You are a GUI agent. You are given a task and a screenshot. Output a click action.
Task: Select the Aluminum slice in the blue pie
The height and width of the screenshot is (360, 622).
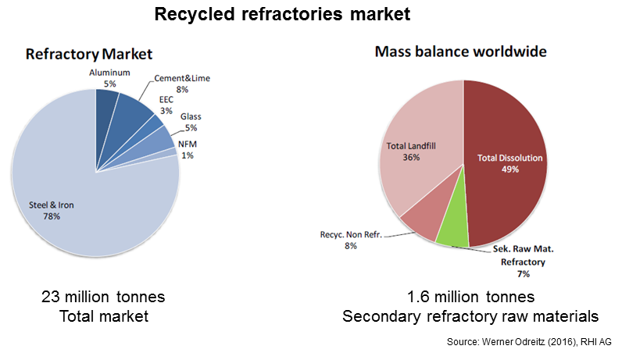(x=106, y=107)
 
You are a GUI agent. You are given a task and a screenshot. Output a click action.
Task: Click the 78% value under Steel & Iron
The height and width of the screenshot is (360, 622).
(x=52, y=216)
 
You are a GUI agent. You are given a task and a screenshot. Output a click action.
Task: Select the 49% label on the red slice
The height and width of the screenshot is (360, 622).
(x=510, y=169)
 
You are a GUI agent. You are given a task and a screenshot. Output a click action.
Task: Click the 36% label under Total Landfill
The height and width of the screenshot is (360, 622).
(x=411, y=158)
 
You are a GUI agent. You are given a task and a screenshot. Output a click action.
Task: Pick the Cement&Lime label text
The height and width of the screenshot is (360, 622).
(x=182, y=78)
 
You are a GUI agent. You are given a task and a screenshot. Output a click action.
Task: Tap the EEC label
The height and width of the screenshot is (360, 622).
(x=166, y=99)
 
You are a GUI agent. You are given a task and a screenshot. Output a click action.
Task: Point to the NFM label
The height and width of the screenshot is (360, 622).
(x=188, y=144)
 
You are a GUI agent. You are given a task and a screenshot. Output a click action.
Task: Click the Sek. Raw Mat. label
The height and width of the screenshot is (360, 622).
(x=524, y=249)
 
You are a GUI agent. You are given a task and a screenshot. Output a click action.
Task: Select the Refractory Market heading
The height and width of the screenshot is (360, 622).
(x=89, y=54)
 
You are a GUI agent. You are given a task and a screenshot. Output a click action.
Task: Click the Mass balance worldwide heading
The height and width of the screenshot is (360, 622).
(x=460, y=52)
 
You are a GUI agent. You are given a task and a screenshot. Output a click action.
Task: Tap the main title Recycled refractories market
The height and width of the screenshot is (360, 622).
(x=282, y=14)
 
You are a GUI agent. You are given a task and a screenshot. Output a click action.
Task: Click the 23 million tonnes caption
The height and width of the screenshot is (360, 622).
(x=103, y=297)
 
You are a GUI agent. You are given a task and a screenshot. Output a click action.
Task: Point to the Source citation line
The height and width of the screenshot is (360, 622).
(x=529, y=342)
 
